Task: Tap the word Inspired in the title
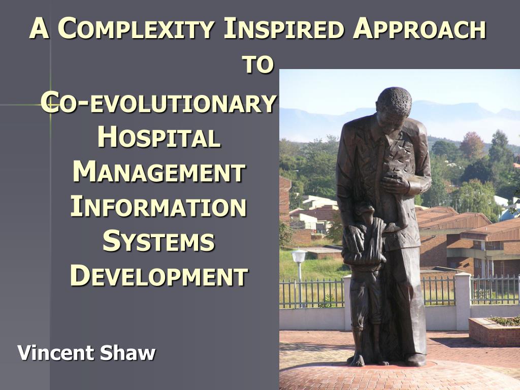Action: coord(283,29)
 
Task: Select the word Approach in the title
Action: coord(419,29)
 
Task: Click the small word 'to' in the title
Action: coord(257,64)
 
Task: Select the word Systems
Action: coord(158,241)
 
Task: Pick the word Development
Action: coord(159,276)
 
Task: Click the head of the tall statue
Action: coord(394,106)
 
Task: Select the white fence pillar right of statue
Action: coord(463,301)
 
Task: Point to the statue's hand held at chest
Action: coord(394,184)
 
